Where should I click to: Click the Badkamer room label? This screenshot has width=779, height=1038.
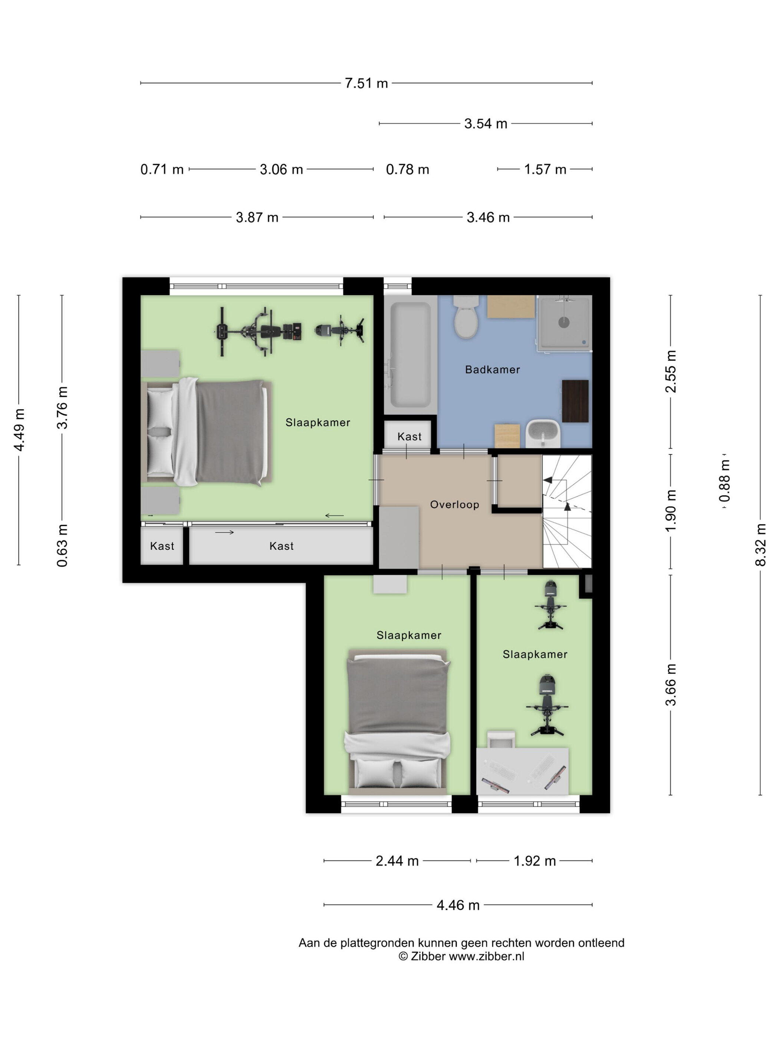(x=492, y=369)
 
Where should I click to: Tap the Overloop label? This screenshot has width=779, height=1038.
(x=454, y=505)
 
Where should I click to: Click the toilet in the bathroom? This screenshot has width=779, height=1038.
(x=466, y=317)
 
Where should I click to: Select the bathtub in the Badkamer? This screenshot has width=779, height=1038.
(x=410, y=355)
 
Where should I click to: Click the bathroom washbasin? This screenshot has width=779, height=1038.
(x=543, y=434)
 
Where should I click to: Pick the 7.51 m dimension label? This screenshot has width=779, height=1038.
(x=366, y=83)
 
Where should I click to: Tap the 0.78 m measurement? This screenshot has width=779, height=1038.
(x=407, y=169)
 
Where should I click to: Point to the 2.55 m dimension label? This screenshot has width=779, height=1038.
(x=671, y=371)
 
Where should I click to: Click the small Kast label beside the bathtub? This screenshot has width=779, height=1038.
(x=410, y=436)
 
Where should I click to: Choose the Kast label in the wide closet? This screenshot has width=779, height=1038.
(x=281, y=546)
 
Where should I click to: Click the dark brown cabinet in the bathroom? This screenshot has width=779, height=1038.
(x=575, y=401)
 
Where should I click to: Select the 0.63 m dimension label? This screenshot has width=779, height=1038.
(x=62, y=545)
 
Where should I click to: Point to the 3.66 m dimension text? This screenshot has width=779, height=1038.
(x=671, y=685)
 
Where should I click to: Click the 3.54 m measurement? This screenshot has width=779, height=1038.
(x=486, y=124)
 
